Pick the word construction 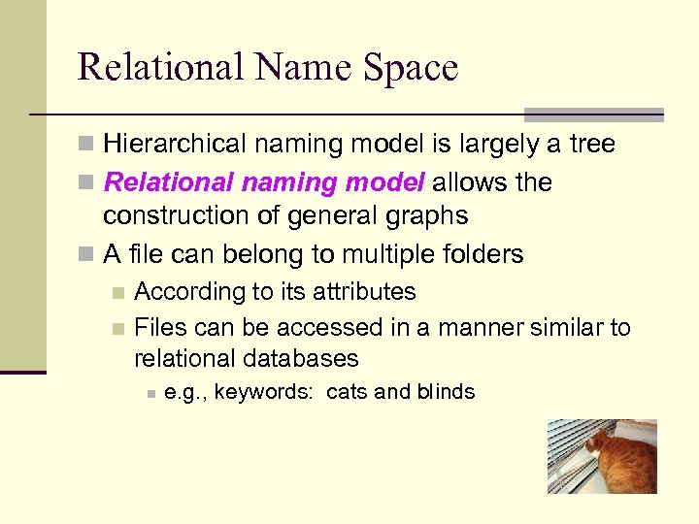(x=171, y=214)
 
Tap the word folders (x=482, y=254)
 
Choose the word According (x=190, y=291)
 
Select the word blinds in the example (x=446, y=392)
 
